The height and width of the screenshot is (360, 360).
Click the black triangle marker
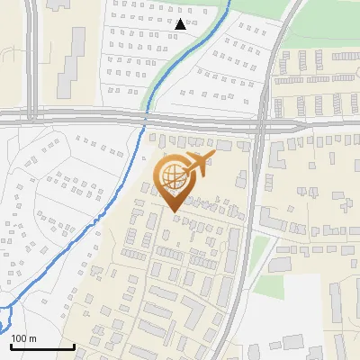click(x=183, y=24)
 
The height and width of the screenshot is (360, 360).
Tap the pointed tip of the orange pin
click(x=175, y=212)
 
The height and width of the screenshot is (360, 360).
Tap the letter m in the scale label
click(x=32, y=338)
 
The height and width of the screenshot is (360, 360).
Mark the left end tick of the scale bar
click(x=11, y=346)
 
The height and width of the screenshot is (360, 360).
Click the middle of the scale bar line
click(x=42, y=347)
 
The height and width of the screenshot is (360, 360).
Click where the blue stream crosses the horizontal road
click(x=145, y=117)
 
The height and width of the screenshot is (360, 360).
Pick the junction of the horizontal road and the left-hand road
click(x=32, y=115)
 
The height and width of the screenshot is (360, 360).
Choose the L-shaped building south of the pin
click(x=193, y=311)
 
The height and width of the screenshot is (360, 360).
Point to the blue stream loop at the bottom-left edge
click(x=5, y=317)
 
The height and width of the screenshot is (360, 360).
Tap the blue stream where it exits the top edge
click(x=229, y=3)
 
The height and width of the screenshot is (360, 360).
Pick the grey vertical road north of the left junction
click(x=32, y=54)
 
